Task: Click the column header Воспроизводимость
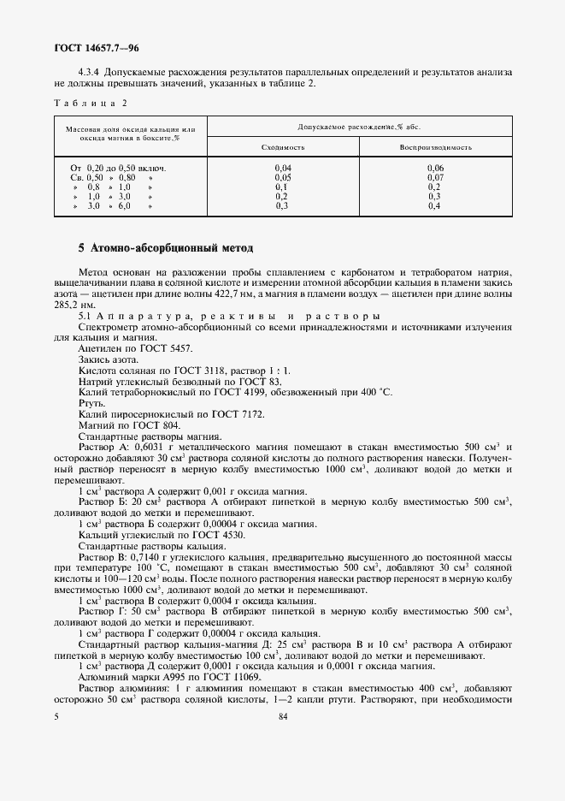pos(434,147)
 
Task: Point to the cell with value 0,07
pos(434,177)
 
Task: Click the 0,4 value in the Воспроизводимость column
pos(434,206)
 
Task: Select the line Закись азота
pos(106,359)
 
